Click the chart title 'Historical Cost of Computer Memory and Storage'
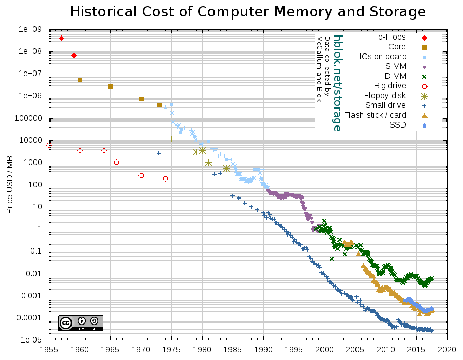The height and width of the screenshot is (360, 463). pos(247,11)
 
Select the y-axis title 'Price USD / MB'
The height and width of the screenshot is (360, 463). pos(10,185)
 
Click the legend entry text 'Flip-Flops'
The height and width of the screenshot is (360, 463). pos(387,37)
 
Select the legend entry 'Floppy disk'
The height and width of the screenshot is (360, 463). pos(385,96)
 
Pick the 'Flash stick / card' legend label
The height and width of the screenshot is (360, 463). pos(375,115)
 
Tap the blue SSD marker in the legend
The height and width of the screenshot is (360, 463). pos(424,125)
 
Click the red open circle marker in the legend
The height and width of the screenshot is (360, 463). pos(424,86)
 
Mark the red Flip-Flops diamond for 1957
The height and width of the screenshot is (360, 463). pos(61,39)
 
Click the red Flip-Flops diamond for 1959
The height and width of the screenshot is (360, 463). pos(74,55)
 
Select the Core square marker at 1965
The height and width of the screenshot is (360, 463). pos(110,86)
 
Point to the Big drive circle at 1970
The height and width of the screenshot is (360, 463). pos(141,175)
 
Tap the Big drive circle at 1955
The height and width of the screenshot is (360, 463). pos(49,146)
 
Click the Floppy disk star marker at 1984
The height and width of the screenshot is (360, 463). pos(226,168)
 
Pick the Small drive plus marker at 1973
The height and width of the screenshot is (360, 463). pos(159,153)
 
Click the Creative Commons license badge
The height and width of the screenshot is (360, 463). pos(80,323)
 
